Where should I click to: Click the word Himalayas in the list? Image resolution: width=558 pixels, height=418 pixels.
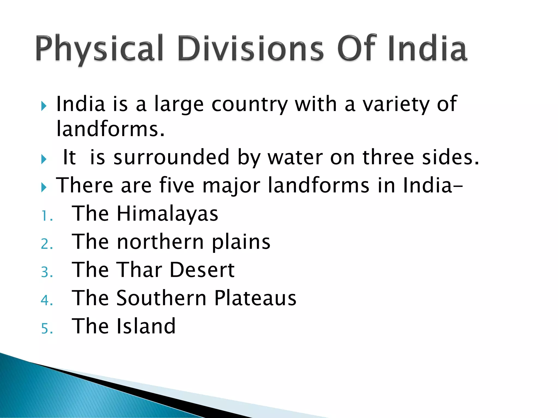pos(167,214)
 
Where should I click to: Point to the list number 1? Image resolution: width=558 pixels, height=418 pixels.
pos(46,217)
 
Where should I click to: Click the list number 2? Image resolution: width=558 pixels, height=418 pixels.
pos(46,244)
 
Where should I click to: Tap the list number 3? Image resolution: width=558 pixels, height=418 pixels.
pos(46,272)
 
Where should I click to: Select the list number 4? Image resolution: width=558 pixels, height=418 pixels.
pos(46,300)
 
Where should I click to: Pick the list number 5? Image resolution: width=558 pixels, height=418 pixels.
pos(46,329)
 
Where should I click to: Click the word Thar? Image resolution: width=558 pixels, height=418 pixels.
pos(139,270)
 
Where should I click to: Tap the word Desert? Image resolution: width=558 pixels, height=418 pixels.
pos(202,270)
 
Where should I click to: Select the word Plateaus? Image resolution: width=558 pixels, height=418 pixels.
pos(255,298)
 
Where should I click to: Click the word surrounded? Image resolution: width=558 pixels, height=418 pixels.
pos(171,158)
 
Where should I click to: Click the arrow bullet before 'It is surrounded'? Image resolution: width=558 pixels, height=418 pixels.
pos(44,159)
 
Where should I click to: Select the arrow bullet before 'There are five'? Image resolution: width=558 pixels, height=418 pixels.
pos(44,188)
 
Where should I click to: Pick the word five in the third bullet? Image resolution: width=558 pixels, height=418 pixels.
pos(177,185)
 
